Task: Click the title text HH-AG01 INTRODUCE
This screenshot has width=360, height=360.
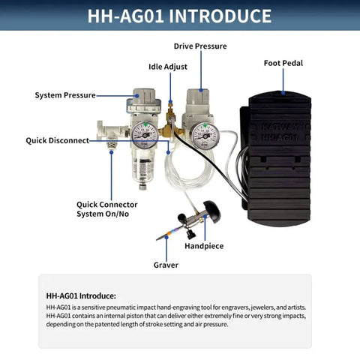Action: pyautogui.click(x=179, y=16)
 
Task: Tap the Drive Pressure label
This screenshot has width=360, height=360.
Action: pyautogui.click(x=199, y=46)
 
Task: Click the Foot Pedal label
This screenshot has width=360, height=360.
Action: pyautogui.click(x=283, y=63)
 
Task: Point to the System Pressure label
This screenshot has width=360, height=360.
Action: pyautogui.click(x=65, y=95)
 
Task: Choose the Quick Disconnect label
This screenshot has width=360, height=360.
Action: pyautogui.click(x=57, y=140)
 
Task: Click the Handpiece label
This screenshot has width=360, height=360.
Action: pyautogui.click(x=203, y=245)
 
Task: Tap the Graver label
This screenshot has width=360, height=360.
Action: pyautogui.click(x=166, y=265)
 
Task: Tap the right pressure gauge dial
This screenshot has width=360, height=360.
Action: pyautogui.click(x=204, y=136)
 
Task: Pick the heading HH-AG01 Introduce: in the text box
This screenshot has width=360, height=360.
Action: pyautogui.click(x=81, y=295)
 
